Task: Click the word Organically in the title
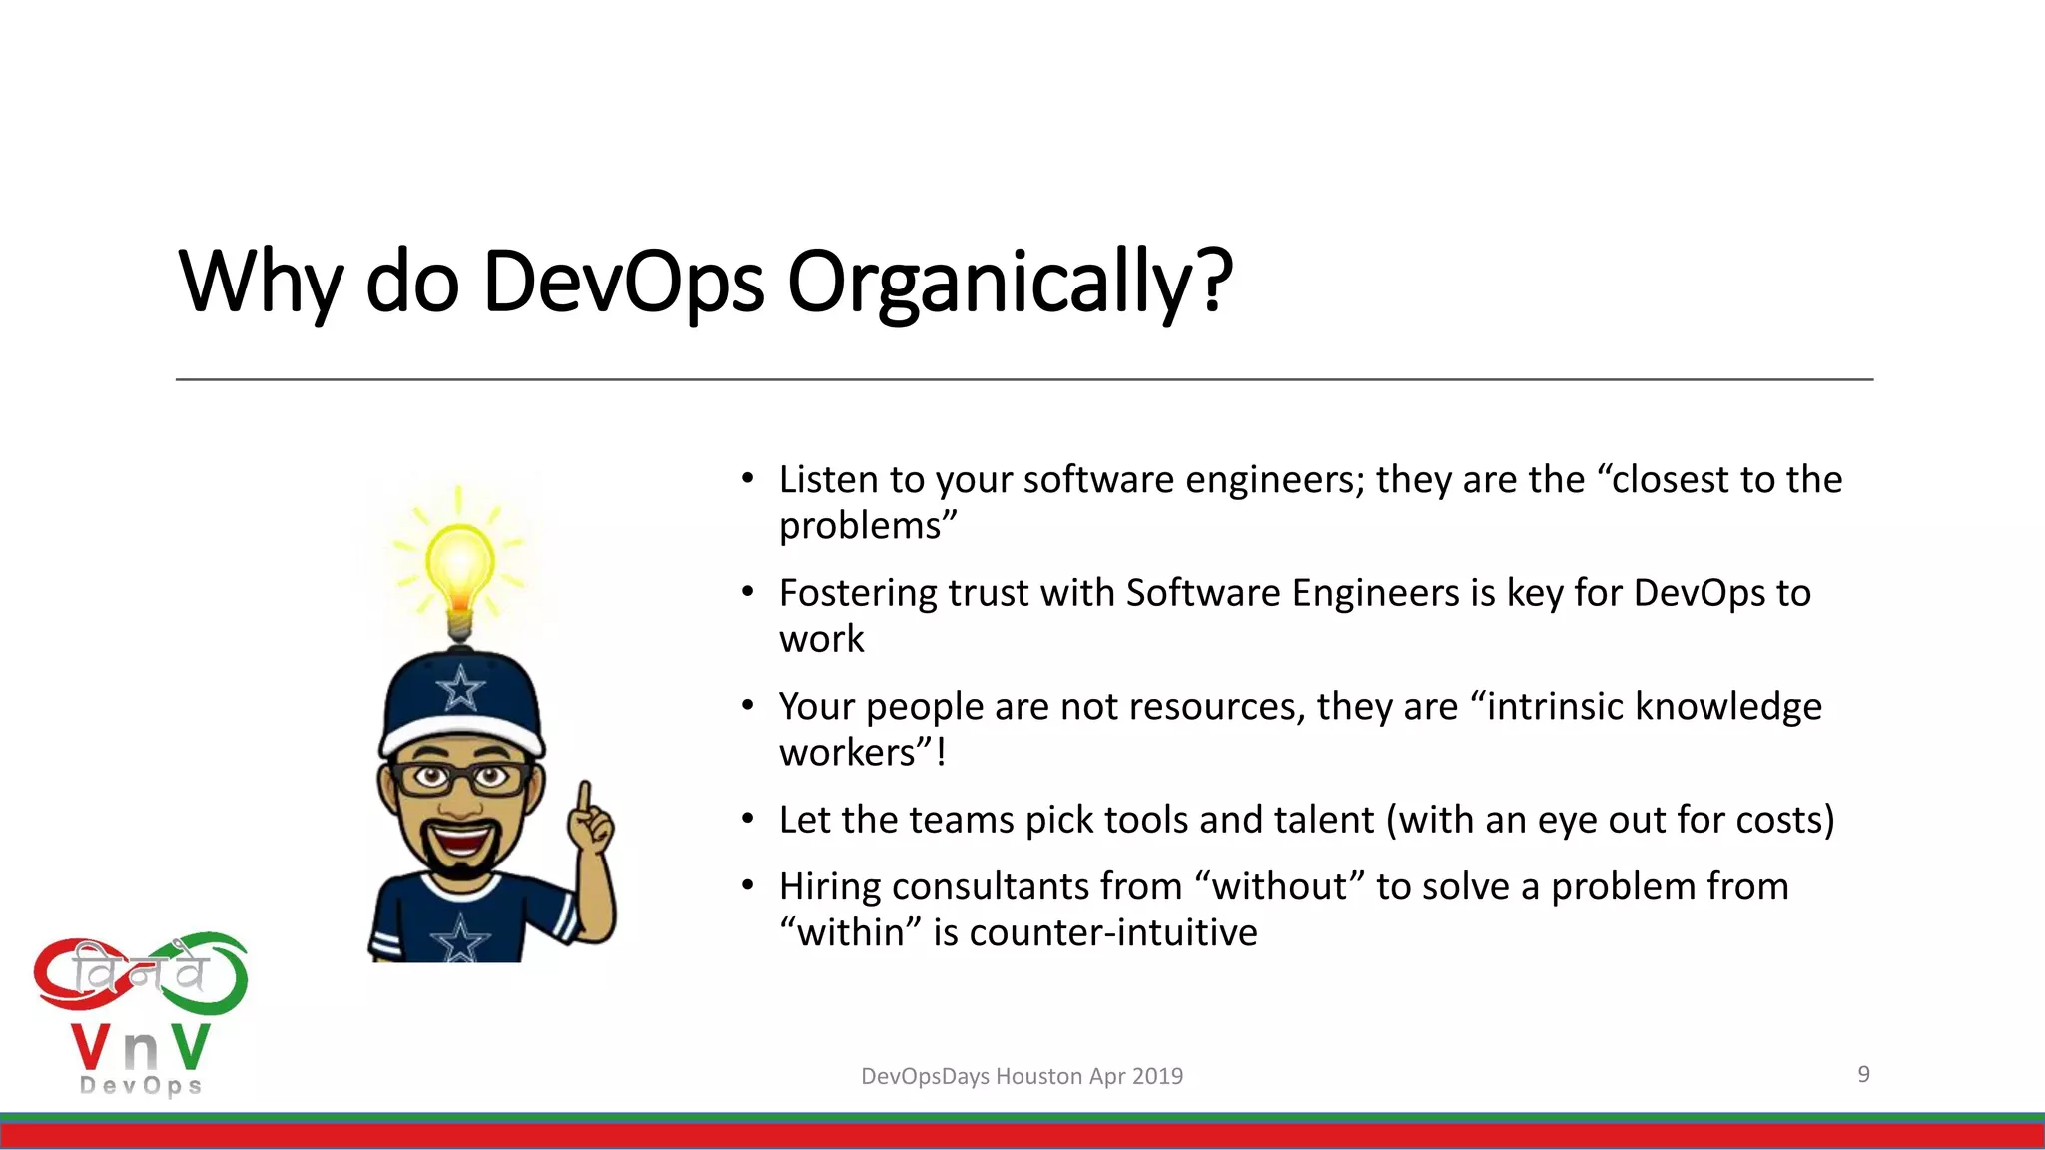point(1010,282)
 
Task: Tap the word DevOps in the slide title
point(623,282)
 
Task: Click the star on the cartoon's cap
point(460,688)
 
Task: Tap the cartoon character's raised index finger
point(584,799)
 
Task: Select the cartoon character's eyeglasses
point(461,778)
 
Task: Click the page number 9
point(1863,1074)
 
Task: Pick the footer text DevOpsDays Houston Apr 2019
point(1022,1076)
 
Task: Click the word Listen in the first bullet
point(828,480)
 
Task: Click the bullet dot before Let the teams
point(747,820)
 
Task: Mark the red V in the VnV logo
point(92,1047)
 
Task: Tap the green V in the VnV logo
point(189,1047)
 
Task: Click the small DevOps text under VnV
point(141,1086)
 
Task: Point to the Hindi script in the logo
point(140,973)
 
